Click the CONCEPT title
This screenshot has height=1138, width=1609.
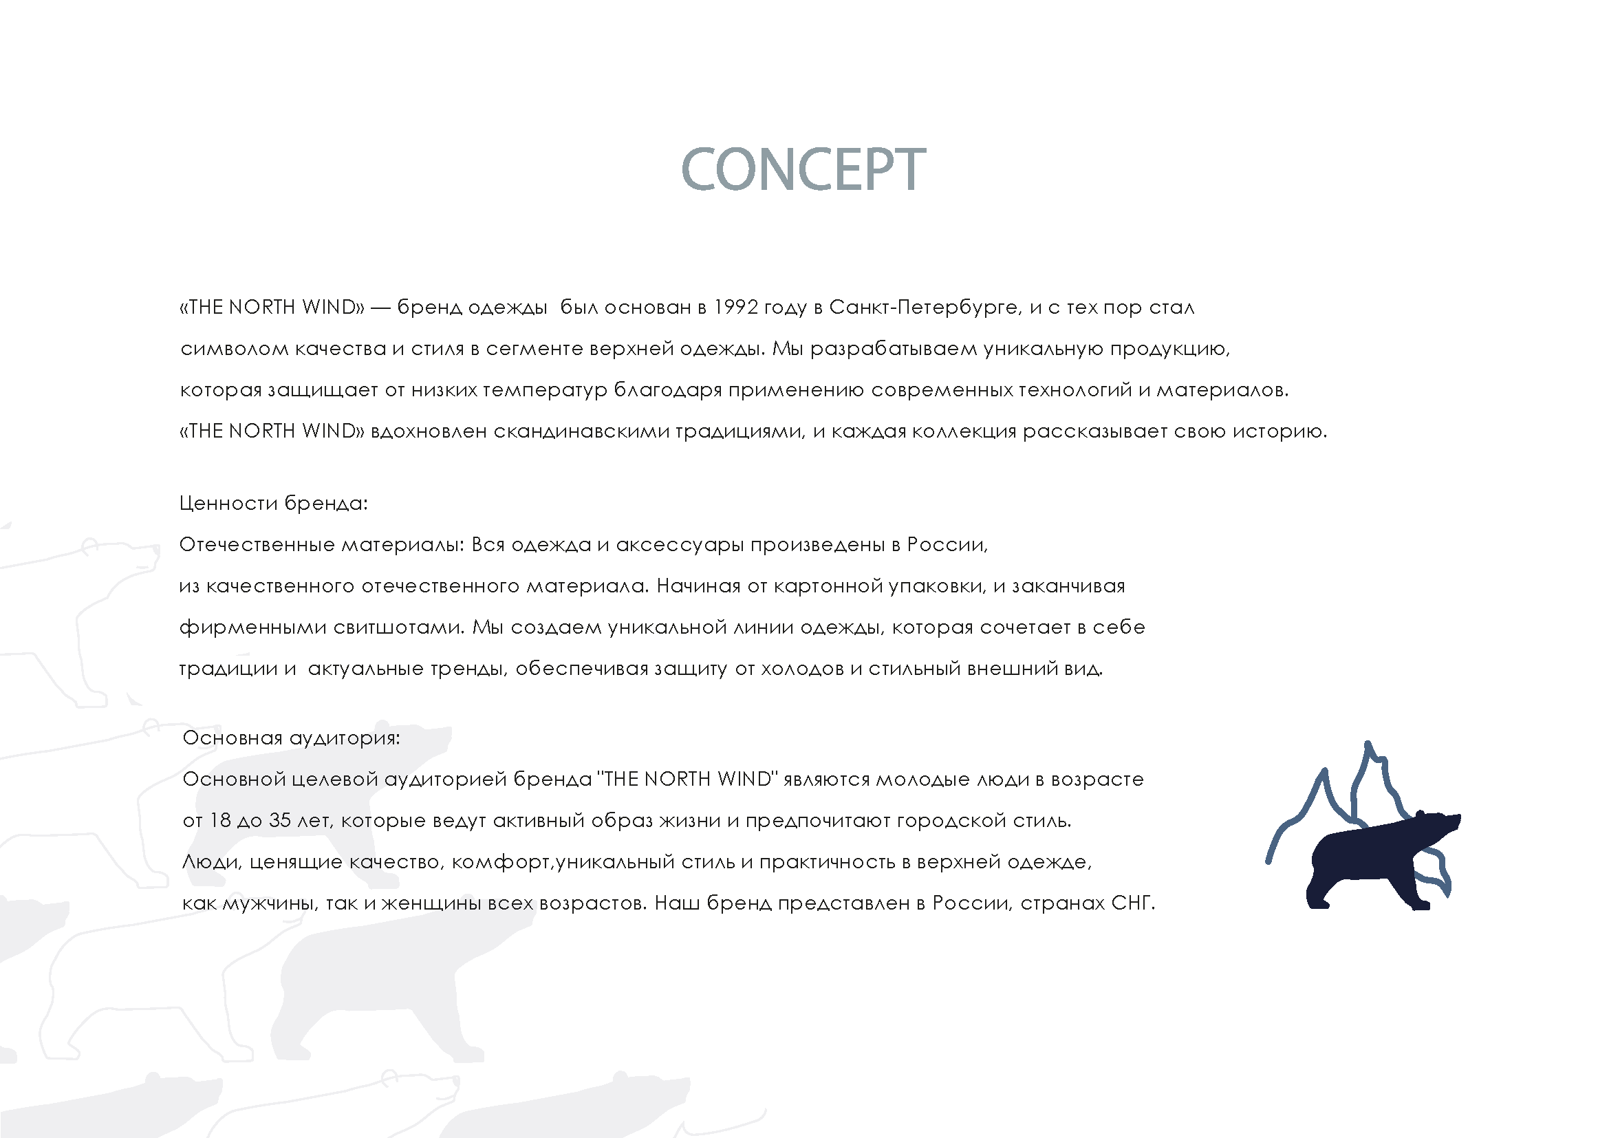coord(803,169)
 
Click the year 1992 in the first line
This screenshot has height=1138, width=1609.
coord(735,308)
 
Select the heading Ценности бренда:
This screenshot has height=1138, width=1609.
coord(273,503)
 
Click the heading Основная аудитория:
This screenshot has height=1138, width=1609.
coord(291,738)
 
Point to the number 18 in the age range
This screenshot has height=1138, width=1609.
coord(220,821)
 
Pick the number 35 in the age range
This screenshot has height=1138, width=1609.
coord(279,821)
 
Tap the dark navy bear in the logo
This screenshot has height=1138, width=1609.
coord(1374,862)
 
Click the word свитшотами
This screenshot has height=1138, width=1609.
coord(398,627)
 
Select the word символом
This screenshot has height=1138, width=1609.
coord(234,349)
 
